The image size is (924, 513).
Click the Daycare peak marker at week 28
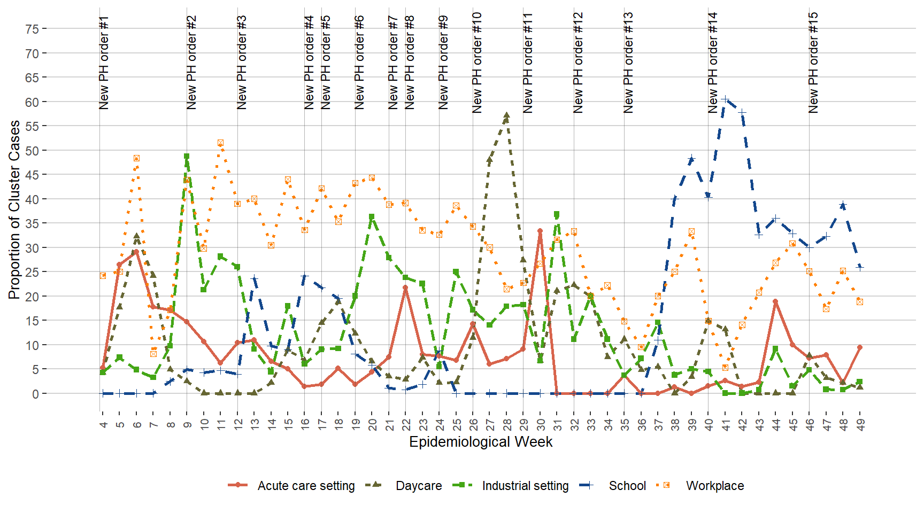point(506,115)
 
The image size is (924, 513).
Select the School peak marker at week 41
point(725,99)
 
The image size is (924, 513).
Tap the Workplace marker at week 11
point(220,143)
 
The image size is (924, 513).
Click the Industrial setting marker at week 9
point(187,157)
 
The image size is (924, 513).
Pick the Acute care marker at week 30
point(540,231)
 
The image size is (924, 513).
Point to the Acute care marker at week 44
point(775,302)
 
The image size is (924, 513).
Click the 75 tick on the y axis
point(32,29)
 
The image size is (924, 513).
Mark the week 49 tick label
point(860,424)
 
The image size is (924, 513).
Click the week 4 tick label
point(103,424)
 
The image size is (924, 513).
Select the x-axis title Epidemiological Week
point(481,442)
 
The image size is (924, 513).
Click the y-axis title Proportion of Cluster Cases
point(14,209)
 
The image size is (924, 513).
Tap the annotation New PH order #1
point(104,63)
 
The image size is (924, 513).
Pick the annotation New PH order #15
point(813,63)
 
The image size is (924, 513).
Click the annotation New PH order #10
point(477,63)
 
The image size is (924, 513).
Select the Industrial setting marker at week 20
point(372,217)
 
